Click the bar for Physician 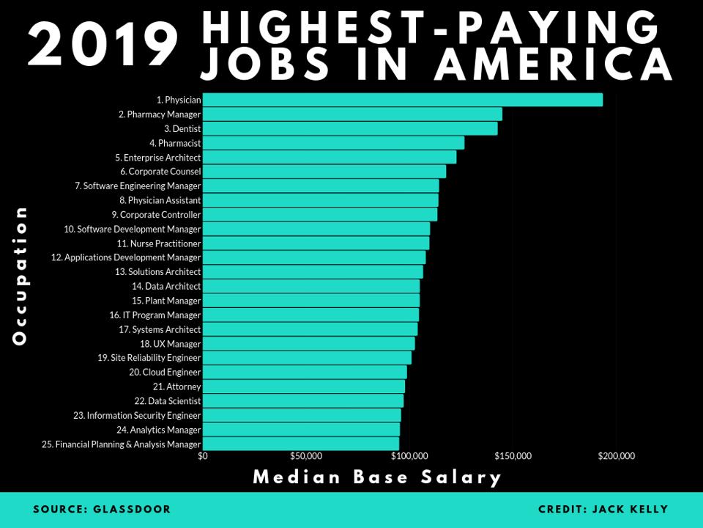[403, 100]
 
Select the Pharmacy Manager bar [352, 114]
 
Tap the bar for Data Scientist [302, 401]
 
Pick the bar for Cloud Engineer [305, 373]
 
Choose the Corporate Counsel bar [324, 172]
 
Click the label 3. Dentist [182, 128]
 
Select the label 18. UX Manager [170, 344]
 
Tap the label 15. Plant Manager [166, 301]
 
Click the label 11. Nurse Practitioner [159, 243]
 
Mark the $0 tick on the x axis [203, 456]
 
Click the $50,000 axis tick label [306, 456]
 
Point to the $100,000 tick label [409, 456]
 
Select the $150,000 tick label [513, 456]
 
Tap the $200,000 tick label [616, 456]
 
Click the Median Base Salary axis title [377, 477]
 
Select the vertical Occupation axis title [20, 275]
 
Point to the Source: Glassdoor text [102, 509]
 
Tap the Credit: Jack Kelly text [603, 509]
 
